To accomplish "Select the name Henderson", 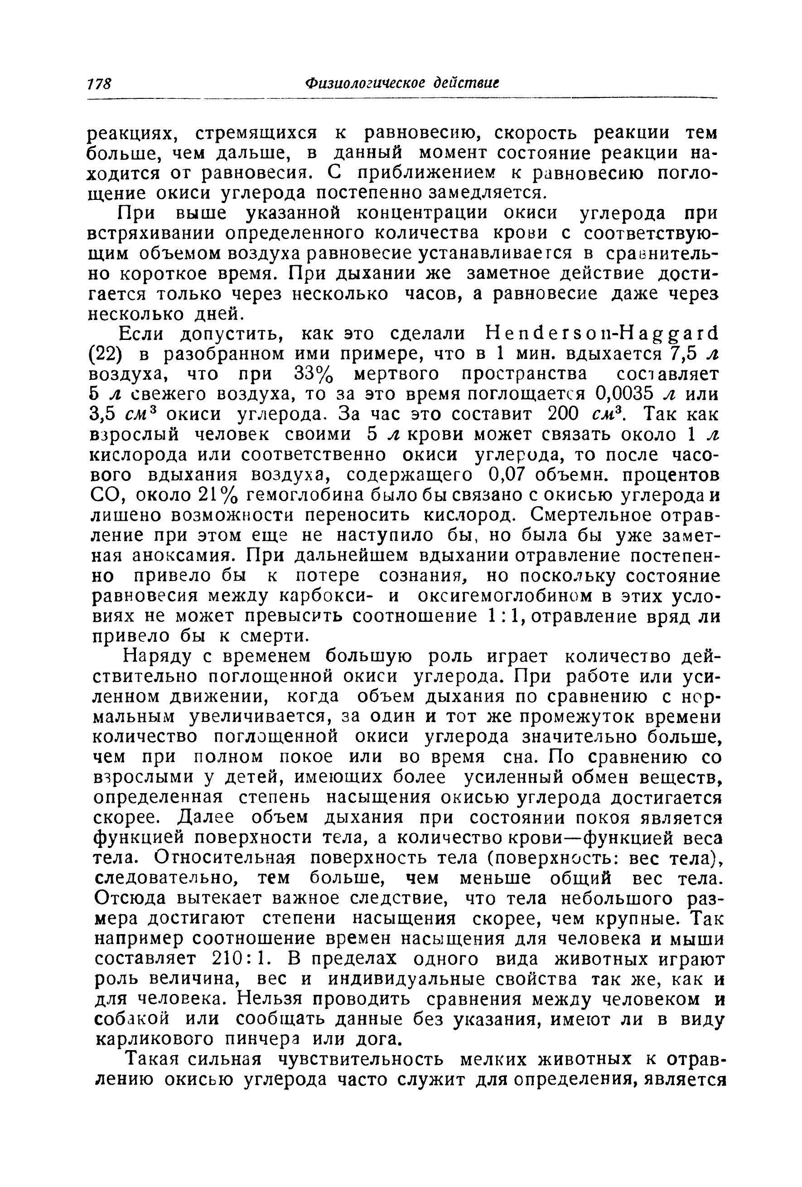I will click(x=549, y=334).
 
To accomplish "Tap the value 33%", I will click(x=314, y=375).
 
